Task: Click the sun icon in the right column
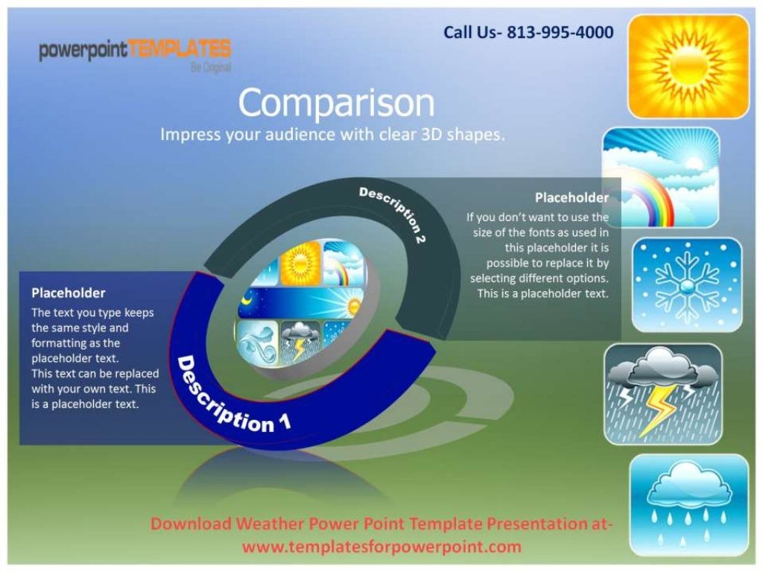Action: click(688, 67)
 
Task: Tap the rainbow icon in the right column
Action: click(660, 177)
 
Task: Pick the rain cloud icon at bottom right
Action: click(688, 505)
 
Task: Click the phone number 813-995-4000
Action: click(560, 32)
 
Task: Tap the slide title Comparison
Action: click(336, 104)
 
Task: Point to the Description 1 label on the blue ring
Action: click(231, 397)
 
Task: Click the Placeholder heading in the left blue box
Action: click(69, 293)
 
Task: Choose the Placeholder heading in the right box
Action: click(572, 197)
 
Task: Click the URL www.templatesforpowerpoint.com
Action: click(381, 547)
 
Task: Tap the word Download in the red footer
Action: click(191, 524)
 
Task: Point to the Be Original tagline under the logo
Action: click(211, 67)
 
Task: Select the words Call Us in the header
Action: click(470, 32)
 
